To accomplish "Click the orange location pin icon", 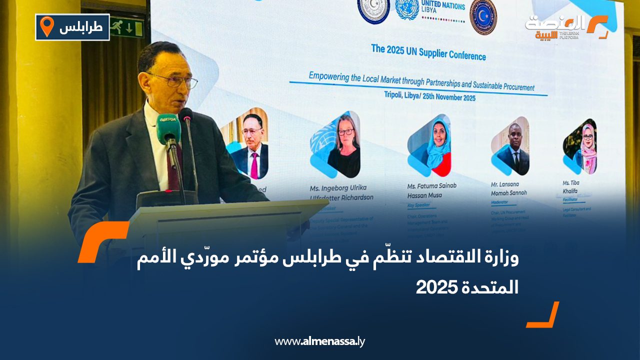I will [x=46, y=26].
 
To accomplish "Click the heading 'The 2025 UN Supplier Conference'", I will [x=428, y=52].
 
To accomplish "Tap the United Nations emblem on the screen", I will [x=407, y=8].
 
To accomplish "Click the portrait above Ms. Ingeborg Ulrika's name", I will [x=340, y=145].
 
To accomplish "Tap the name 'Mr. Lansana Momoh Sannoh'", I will [x=509, y=188].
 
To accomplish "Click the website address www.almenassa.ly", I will [x=320, y=341].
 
